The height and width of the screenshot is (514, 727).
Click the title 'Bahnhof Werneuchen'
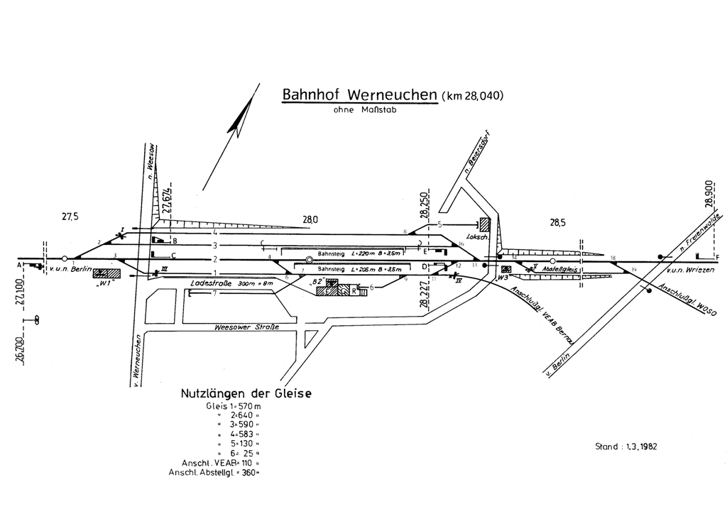359,95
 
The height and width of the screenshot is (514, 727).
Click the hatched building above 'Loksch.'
484,224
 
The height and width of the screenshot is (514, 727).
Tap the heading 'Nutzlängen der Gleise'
246,393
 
